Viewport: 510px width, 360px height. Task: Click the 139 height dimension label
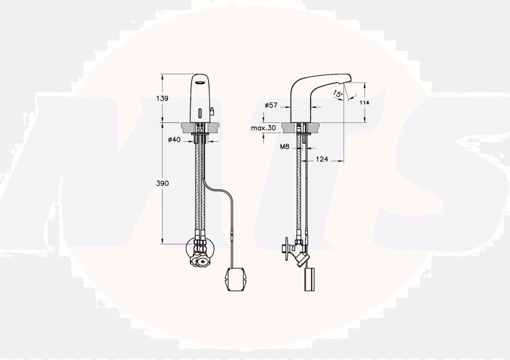pyautogui.click(x=162, y=98)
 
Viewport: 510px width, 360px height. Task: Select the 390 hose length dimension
pyautogui.click(x=162, y=184)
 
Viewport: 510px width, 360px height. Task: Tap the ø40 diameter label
pyautogui.click(x=174, y=140)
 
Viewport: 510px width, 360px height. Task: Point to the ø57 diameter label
pyautogui.click(x=271, y=105)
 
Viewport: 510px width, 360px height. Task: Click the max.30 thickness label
pyautogui.click(x=263, y=128)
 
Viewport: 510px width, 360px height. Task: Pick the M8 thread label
pyautogui.click(x=285, y=147)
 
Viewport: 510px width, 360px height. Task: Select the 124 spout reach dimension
pyautogui.click(x=322, y=159)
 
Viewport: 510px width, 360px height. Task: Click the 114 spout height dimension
pyautogui.click(x=364, y=102)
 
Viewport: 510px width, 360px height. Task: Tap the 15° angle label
pyautogui.click(x=338, y=94)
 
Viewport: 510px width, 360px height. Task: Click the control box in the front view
pyautogui.click(x=234, y=279)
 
